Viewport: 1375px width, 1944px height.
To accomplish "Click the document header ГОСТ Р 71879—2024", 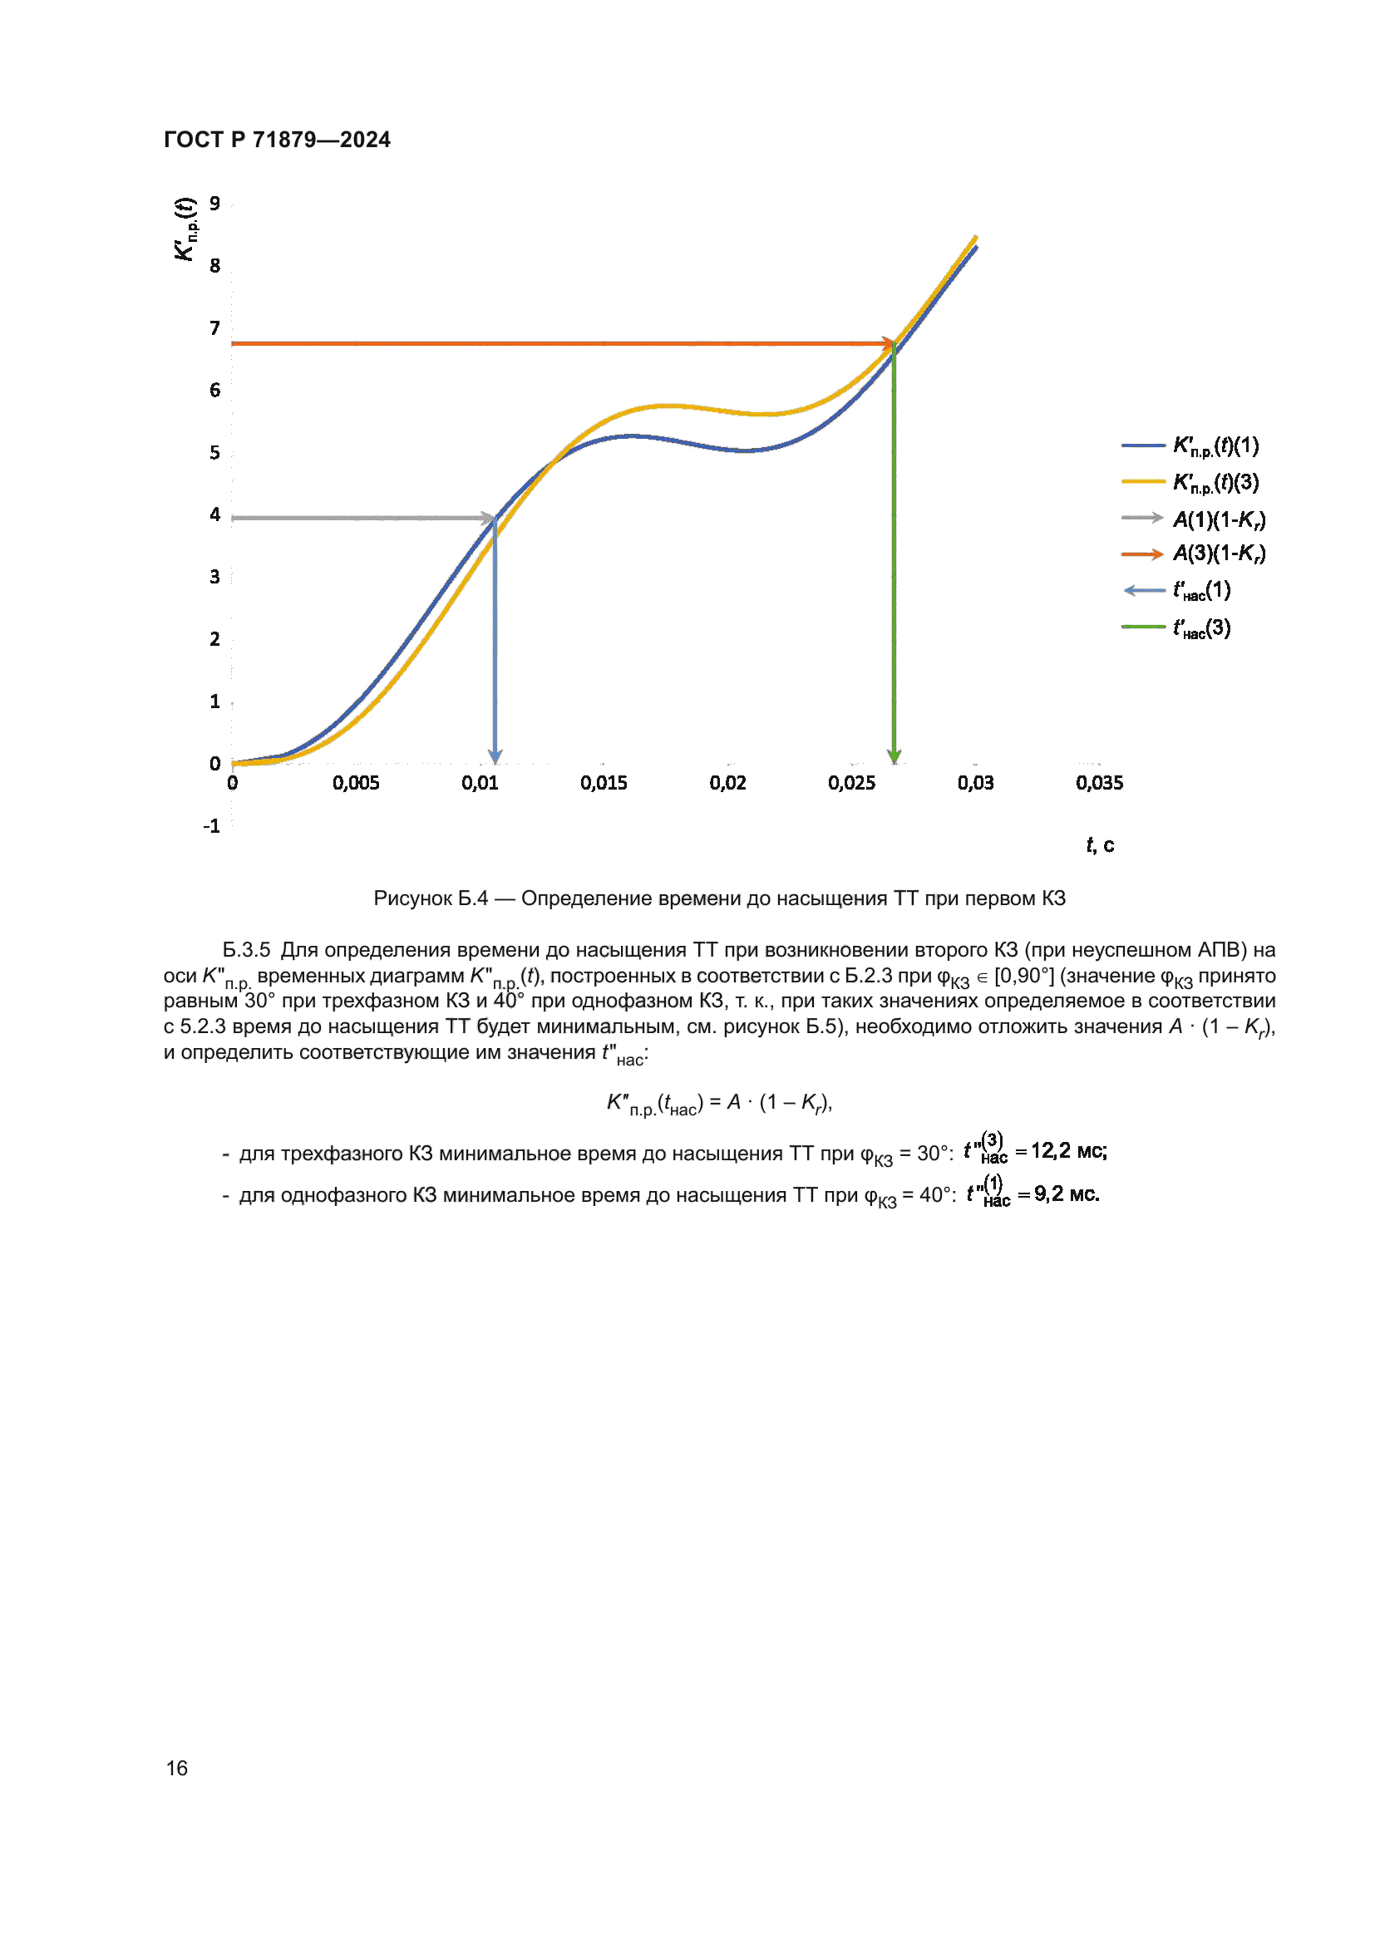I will (x=277, y=140).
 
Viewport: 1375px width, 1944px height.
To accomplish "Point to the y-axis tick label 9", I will (x=215, y=203).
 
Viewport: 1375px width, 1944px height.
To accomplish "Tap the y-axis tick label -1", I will (x=212, y=825).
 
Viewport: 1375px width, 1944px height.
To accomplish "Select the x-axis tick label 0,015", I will (x=604, y=783).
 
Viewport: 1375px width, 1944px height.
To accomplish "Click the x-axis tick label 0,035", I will (x=1099, y=783).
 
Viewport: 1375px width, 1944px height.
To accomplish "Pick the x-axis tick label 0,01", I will (x=480, y=783).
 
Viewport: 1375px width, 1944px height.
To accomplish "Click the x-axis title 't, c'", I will (x=1100, y=845).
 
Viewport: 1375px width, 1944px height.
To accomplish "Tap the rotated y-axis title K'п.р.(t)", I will (x=185, y=229).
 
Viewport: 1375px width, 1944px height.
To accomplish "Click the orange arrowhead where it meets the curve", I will (x=888, y=344).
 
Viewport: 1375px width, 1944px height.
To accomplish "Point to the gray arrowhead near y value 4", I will (x=489, y=517).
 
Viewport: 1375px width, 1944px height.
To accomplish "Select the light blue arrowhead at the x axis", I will (x=495, y=755).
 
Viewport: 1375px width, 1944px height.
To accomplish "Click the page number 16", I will (x=177, y=1768).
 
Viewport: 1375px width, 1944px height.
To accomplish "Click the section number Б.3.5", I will (x=246, y=950).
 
